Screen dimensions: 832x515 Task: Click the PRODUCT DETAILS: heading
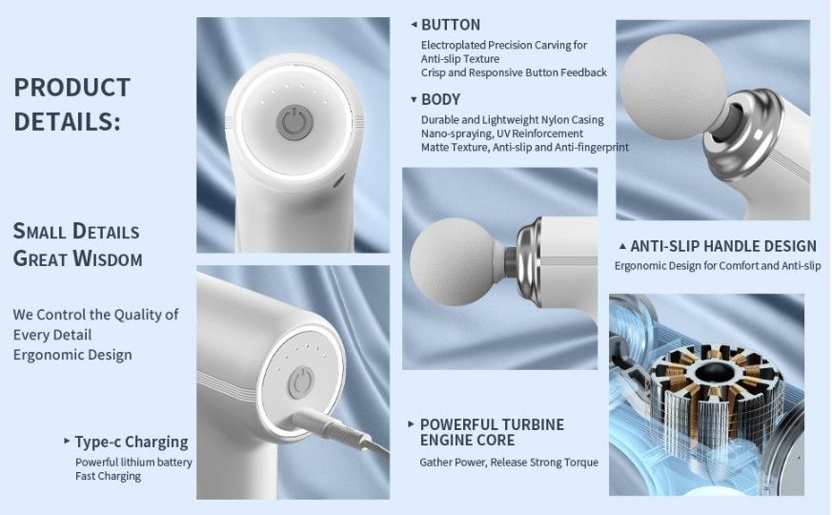point(72,104)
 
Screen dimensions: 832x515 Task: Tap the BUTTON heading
point(451,25)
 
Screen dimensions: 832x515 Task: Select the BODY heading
point(440,99)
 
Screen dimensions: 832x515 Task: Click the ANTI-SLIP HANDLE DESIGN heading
point(723,246)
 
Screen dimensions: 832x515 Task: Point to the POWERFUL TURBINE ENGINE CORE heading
point(492,432)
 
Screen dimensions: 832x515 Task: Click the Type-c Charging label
point(132,442)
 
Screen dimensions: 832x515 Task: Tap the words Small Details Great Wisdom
point(77,245)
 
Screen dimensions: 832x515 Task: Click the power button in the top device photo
point(294,123)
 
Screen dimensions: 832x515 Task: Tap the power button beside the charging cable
point(301,382)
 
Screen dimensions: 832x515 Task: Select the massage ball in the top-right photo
point(674,87)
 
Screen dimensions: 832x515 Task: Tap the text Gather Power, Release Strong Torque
point(509,463)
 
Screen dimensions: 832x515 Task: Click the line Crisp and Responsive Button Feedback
point(514,72)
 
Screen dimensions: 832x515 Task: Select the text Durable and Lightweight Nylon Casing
point(512,120)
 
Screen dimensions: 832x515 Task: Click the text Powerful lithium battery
point(133,463)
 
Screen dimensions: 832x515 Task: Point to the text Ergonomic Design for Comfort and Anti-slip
point(718,265)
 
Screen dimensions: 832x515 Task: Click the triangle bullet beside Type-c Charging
point(67,441)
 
